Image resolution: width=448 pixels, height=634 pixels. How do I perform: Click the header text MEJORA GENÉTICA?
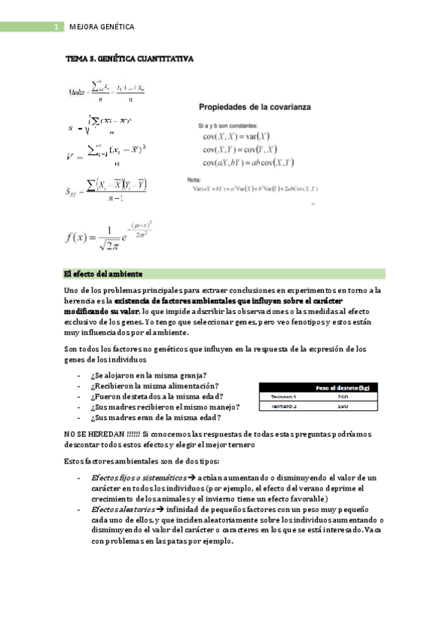click(101, 27)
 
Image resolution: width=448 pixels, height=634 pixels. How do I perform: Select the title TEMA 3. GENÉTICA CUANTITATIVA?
click(129, 58)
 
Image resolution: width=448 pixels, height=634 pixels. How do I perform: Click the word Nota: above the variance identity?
click(193, 179)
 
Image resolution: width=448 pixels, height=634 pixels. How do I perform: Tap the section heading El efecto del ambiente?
click(104, 274)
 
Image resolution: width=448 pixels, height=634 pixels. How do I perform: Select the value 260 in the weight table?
click(343, 397)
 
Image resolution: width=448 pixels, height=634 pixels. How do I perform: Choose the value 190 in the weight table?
click(343, 406)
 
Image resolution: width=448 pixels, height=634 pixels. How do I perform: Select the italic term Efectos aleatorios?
click(123, 509)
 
